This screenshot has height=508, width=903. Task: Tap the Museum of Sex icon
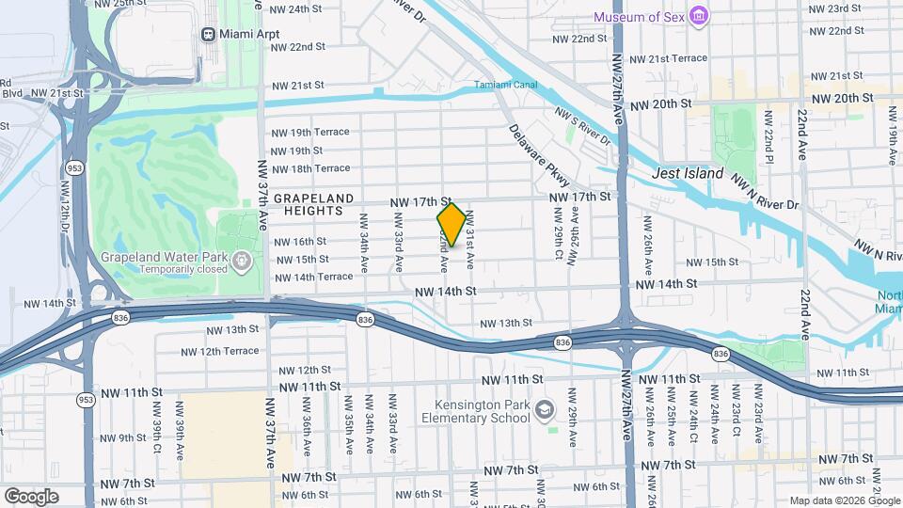click(x=698, y=16)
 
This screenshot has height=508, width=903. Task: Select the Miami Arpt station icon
click(x=209, y=34)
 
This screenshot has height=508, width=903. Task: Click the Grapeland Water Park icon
click(x=242, y=256)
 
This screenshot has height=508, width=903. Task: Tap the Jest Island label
click(x=688, y=174)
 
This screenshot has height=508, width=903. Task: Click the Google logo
click(x=31, y=496)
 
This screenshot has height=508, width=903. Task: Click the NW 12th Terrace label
click(x=220, y=351)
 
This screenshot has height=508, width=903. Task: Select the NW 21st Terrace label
click(x=668, y=58)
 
